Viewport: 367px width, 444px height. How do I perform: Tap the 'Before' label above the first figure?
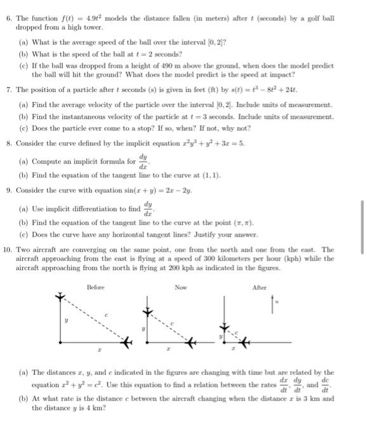[95, 287]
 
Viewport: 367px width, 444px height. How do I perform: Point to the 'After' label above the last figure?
[259, 287]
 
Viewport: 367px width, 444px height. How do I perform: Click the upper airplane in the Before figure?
[60, 297]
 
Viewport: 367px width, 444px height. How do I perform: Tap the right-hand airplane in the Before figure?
[129, 343]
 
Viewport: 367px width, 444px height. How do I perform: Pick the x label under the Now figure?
[168, 349]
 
